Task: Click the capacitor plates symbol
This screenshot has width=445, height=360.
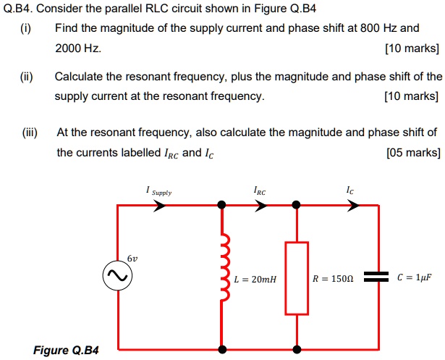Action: tap(377, 277)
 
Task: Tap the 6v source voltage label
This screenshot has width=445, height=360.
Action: tap(131, 258)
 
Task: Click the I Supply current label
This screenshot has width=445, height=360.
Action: tap(158, 191)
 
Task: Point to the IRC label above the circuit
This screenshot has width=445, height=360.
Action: tap(260, 191)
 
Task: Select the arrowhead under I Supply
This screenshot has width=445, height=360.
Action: tap(160, 206)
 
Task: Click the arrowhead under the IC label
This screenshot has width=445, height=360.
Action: tap(352, 206)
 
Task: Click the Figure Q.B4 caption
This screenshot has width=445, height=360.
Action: tap(65, 351)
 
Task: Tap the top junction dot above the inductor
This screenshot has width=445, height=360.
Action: tap(223, 206)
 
